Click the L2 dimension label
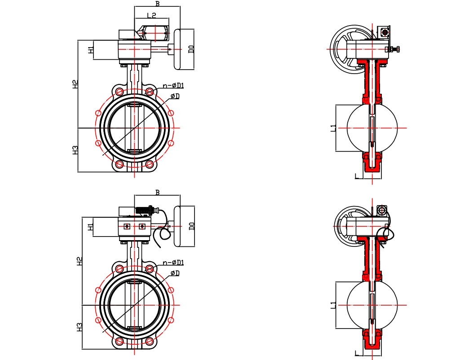[x=151, y=16]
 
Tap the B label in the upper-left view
[x=157, y=4]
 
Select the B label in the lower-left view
[x=157, y=193]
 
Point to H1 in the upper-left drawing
[x=91, y=49]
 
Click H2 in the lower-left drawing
[x=80, y=261]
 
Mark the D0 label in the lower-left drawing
[x=191, y=226]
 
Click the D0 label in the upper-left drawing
[x=191, y=49]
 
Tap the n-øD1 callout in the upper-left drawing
[x=173, y=85]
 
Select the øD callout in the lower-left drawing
[x=175, y=273]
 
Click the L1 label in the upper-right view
[x=333, y=128]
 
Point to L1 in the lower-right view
[x=333, y=305]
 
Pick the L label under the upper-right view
[x=357, y=176]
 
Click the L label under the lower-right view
[x=357, y=353]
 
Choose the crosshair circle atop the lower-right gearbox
[x=382, y=209]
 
